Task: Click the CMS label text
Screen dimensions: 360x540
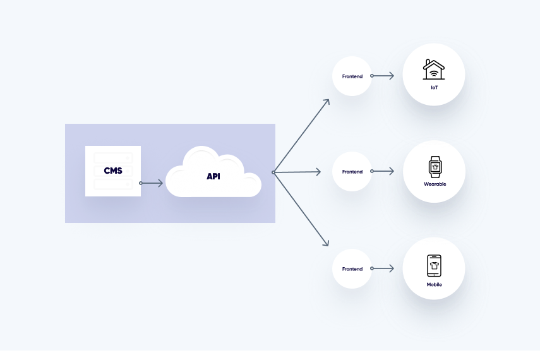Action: [113, 171]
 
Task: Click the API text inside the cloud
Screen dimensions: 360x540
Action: [213, 176]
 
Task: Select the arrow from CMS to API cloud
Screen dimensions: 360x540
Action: [152, 183]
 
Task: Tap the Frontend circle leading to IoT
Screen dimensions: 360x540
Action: [352, 76]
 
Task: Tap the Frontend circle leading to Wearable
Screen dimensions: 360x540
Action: [352, 172]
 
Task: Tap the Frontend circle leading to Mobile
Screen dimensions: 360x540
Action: [352, 269]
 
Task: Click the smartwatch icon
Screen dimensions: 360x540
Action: [435, 167]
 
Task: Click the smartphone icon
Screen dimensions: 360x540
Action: [434, 266]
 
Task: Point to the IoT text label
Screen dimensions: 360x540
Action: [434, 87]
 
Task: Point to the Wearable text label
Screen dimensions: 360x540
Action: [435, 184]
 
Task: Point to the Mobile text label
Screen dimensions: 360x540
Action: [434, 285]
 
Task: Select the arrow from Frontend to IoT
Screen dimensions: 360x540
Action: [383, 76]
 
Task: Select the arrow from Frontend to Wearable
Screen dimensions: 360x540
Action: [383, 171]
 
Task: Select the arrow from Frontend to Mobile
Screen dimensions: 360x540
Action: [383, 268]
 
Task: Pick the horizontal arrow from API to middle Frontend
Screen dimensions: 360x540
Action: [301, 172]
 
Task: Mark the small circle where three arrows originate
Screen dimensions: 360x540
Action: [273, 172]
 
